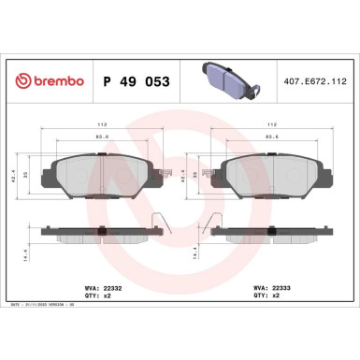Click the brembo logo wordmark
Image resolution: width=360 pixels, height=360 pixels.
click(49, 82)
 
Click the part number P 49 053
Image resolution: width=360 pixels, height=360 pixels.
click(135, 82)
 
